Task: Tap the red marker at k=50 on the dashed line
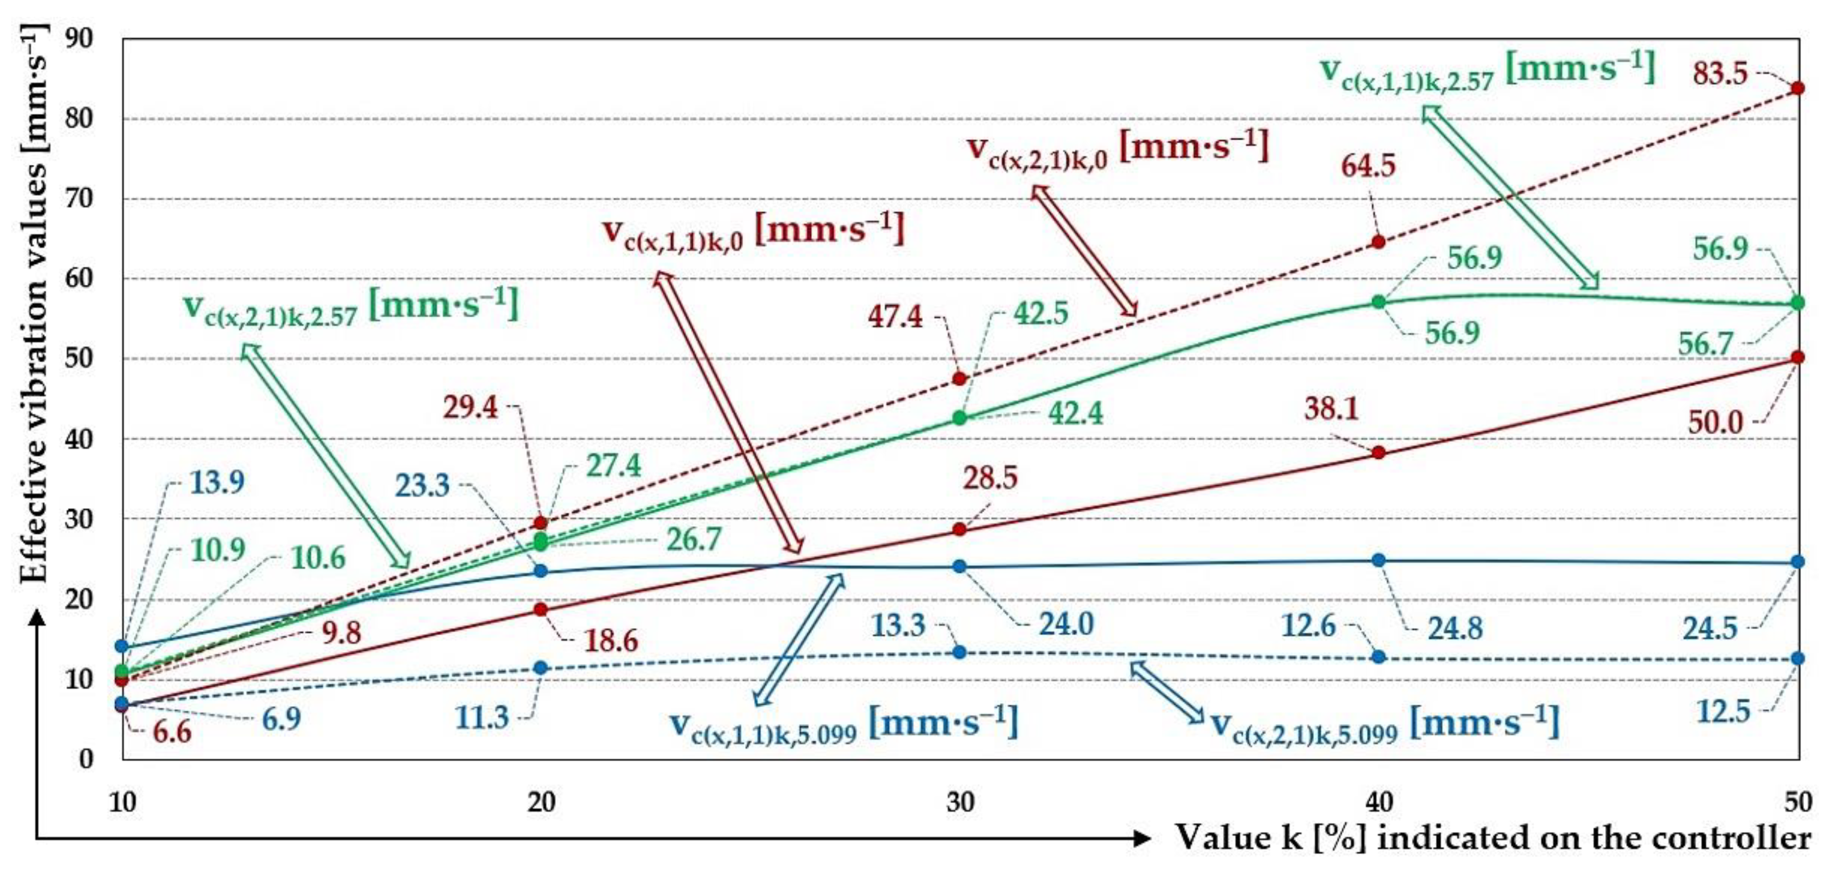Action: pyautogui.click(x=1797, y=88)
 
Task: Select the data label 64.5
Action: pyautogui.click(x=1367, y=165)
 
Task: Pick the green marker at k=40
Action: pyautogui.click(x=1378, y=302)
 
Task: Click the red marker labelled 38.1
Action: pyautogui.click(x=1378, y=452)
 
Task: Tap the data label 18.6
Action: pyautogui.click(x=611, y=641)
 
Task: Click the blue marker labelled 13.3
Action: pyautogui.click(x=959, y=652)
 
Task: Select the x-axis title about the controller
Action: pyautogui.click(x=1493, y=838)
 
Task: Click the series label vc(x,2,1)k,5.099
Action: pyautogui.click(x=1384, y=724)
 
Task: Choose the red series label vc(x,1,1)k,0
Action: pyautogui.click(x=753, y=231)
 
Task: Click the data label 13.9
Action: pyautogui.click(x=216, y=483)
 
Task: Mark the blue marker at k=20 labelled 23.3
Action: pyautogui.click(x=540, y=570)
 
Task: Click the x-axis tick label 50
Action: pyautogui.click(x=1797, y=802)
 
